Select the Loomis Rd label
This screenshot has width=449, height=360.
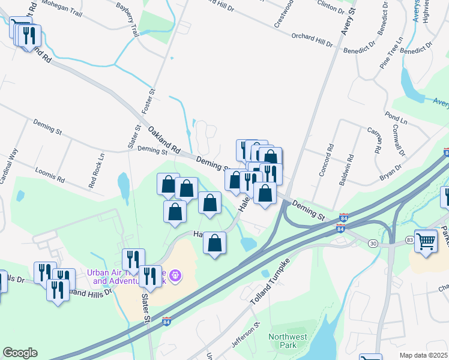coord(50,175)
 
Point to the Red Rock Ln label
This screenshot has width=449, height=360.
coord(97,175)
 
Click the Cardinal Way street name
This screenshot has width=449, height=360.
coord(13,161)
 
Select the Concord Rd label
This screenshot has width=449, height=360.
coord(330,156)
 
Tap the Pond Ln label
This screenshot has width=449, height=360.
coord(396,118)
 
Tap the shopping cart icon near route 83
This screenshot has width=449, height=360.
coord(426,241)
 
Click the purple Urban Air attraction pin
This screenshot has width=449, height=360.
coord(175,275)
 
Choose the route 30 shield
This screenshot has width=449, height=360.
coord(372,243)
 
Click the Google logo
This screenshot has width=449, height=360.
coord(20,353)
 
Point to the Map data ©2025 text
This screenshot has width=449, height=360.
coord(423,355)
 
